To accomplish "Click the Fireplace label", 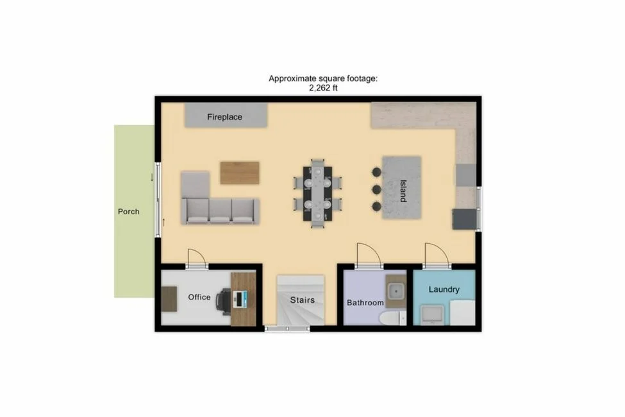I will pyautogui.click(x=224, y=117).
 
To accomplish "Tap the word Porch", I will pyautogui.click(x=128, y=211).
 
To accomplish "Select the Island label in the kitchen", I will pyautogui.click(x=403, y=190).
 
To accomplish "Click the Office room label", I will pyautogui.click(x=199, y=297).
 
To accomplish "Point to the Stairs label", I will pyautogui.click(x=302, y=300).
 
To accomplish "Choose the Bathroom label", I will pyautogui.click(x=365, y=302).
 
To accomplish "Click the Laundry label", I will pyautogui.click(x=444, y=289).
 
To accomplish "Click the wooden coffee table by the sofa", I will pyautogui.click(x=240, y=173).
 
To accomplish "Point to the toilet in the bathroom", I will pyautogui.click(x=390, y=317).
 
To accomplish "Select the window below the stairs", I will pyautogui.click(x=287, y=329).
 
